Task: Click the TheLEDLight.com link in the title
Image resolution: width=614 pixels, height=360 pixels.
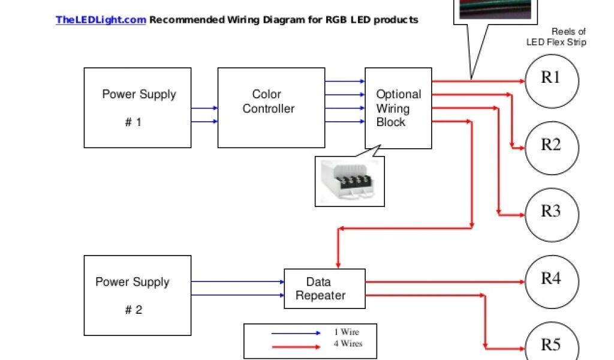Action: (x=101, y=20)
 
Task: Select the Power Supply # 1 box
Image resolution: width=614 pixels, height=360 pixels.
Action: (x=137, y=108)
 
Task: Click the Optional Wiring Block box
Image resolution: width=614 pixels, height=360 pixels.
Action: (x=398, y=108)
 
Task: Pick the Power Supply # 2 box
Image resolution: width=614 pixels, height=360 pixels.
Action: (x=137, y=295)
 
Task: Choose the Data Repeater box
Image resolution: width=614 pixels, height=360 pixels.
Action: (x=324, y=289)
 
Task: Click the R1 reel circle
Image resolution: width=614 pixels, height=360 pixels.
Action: (x=552, y=80)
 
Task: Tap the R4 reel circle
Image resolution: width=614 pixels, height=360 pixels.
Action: (x=552, y=280)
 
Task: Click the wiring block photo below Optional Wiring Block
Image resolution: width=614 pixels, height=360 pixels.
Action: (x=350, y=182)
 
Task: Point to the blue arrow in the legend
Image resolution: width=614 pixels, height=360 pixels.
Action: (x=296, y=333)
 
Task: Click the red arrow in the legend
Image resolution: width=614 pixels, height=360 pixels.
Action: (x=296, y=346)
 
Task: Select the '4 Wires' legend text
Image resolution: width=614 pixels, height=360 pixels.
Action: (x=348, y=344)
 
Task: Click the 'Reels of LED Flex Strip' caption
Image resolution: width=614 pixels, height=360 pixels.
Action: (x=556, y=37)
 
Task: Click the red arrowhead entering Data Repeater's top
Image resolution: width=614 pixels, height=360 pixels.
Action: (x=339, y=264)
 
